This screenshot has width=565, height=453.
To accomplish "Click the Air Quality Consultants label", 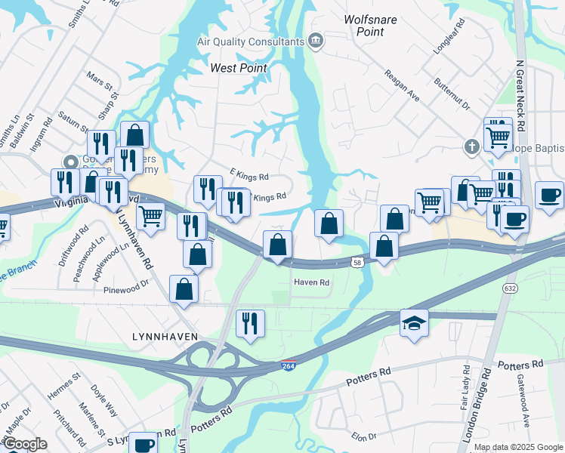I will (x=252, y=42).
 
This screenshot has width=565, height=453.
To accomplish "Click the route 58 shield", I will (x=358, y=262).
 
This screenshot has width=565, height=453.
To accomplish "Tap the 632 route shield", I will (x=511, y=287).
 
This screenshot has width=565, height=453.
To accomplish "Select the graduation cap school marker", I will (x=414, y=322).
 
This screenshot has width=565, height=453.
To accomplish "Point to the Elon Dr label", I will (x=363, y=436).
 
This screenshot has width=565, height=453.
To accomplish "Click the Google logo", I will (x=26, y=443).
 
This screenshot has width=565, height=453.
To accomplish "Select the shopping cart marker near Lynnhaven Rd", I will (x=151, y=215).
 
